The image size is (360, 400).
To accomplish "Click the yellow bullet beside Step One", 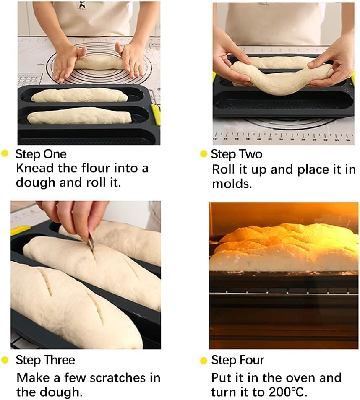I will (5, 154).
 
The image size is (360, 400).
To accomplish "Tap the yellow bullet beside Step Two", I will (203, 154).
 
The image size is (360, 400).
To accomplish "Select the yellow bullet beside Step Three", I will (5, 360).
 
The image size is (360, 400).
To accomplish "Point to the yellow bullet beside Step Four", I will (203, 360).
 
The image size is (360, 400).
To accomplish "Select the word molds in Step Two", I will (232, 184).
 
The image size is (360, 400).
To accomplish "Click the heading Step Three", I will (45, 360).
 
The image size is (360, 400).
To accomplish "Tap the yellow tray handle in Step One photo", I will (156, 114).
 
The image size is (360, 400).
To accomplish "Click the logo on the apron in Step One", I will (80, 5).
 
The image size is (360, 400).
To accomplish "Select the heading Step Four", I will (237, 360).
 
